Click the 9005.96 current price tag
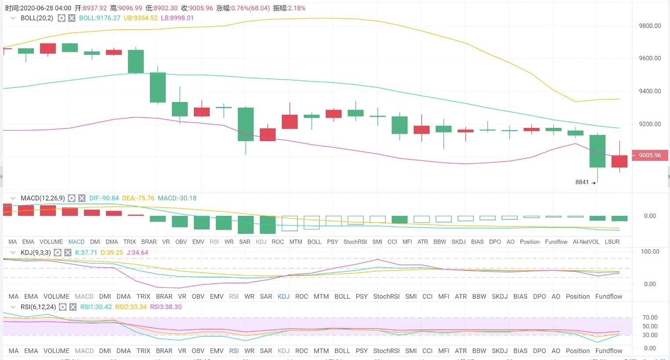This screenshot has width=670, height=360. [650, 155]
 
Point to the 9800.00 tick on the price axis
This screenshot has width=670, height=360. [650, 26]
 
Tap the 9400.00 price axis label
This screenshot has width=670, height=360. [650, 91]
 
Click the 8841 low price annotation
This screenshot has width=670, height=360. [582, 182]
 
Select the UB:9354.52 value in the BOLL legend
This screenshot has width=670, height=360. [140, 18]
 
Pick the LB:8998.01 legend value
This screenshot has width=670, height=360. [177, 18]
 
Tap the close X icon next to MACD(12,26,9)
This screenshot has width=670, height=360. [82, 198]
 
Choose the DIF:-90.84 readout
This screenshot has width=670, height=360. [104, 198]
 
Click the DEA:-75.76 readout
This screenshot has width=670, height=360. [138, 198]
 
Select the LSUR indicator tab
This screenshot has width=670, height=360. [612, 242]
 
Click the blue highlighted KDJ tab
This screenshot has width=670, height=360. [284, 296]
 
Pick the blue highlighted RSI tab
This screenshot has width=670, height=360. [234, 351]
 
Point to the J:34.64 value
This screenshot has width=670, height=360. [137, 253]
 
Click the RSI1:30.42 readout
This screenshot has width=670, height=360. [96, 307]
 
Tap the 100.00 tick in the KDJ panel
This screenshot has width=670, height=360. [650, 251]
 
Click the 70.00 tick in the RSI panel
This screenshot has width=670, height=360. [650, 317]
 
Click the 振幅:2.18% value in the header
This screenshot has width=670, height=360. [289, 8]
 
